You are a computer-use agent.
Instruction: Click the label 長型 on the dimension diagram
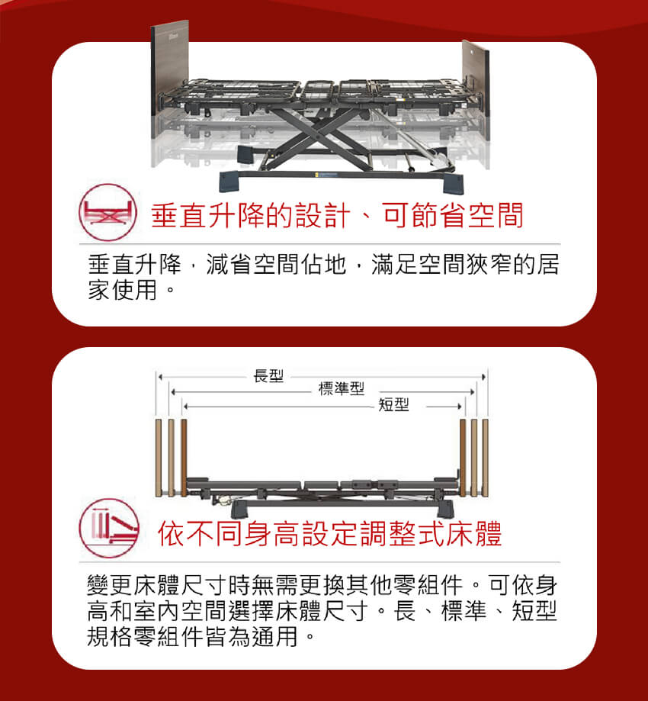(268, 376)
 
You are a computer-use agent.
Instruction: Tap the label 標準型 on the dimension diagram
(342, 388)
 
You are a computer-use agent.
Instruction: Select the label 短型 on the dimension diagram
(393, 404)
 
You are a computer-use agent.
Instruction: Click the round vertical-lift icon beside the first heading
(107, 212)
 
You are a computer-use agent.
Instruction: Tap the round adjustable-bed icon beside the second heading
(109, 528)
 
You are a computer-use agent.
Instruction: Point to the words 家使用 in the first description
(123, 290)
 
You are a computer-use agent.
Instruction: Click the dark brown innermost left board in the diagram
(184, 458)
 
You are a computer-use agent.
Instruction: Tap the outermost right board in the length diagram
(485, 458)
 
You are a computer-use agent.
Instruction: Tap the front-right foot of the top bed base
(454, 183)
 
